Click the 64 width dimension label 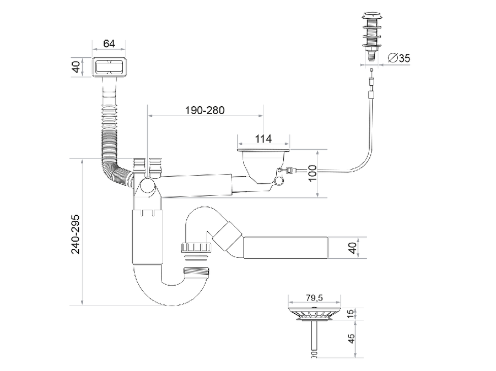pyautogui.click(x=109, y=43)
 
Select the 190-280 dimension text pyautogui.click(x=204, y=110)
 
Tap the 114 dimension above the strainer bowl pyautogui.click(x=263, y=139)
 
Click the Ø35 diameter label pyautogui.click(x=399, y=58)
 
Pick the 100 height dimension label pyautogui.click(x=312, y=173)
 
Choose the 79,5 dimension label pyautogui.click(x=314, y=298)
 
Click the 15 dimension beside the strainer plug pyautogui.click(x=351, y=314)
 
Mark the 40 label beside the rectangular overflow pyautogui.click(x=76, y=67)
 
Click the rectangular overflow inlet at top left pyautogui.click(x=109, y=67)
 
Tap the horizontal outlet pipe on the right pyautogui.click(x=285, y=248)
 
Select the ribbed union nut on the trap pyautogui.click(x=196, y=247)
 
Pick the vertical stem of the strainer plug pyautogui.click(x=314, y=339)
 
